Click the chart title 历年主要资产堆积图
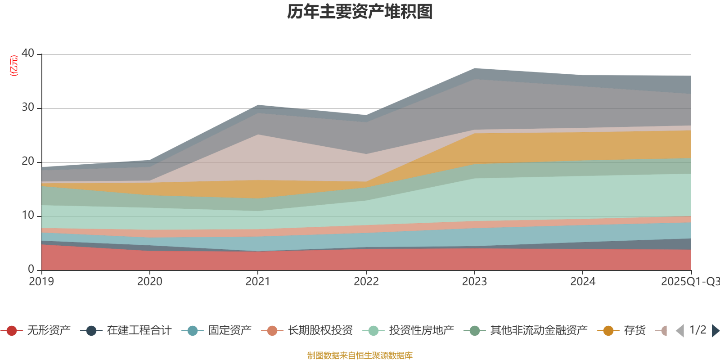click(x=360, y=12)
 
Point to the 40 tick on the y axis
click(x=28, y=53)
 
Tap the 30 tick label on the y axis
click(x=28, y=107)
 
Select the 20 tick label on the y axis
click(x=28, y=161)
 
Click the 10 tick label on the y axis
click(x=28, y=215)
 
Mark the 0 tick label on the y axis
click(x=31, y=269)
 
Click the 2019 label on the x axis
click(x=41, y=282)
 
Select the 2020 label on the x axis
click(x=149, y=282)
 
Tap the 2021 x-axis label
click(x=257, y=282)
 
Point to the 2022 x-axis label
click(x=366, y=282)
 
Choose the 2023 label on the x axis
click(x=474, y=282)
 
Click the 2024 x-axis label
click(x=583, y=282)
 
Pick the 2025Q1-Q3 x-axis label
click(x=689, y=282)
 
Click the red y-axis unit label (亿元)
click(x=14, y=66)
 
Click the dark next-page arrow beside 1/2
click(x=715, y=331)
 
